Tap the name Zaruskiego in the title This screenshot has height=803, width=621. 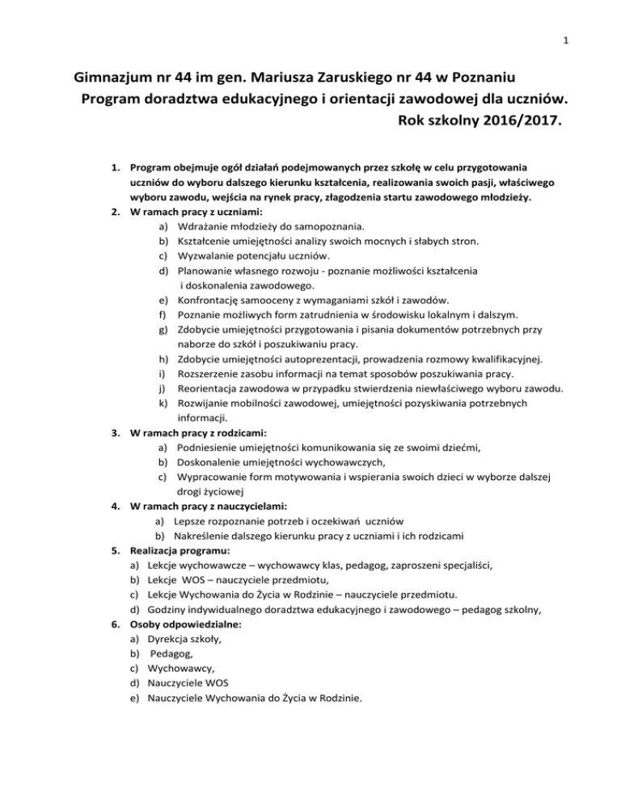[348, 80]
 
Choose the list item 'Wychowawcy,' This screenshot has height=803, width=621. [179, 669]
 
